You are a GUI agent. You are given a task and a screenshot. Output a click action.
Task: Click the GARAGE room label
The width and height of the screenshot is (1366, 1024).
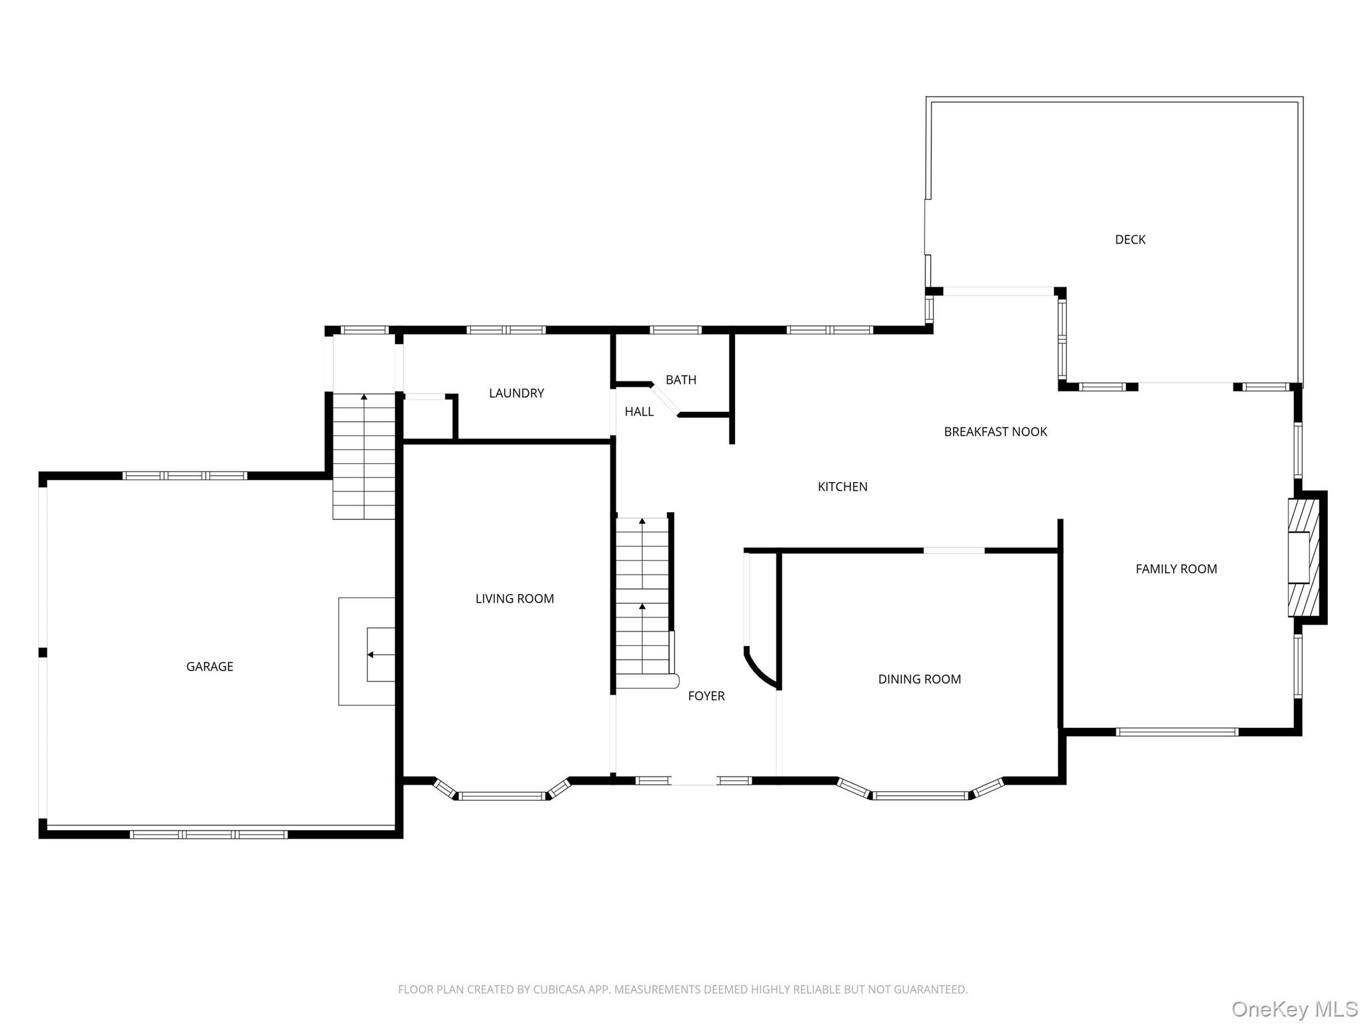[209, 667]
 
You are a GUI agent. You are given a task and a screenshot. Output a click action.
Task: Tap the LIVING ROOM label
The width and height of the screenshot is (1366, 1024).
[514, 599]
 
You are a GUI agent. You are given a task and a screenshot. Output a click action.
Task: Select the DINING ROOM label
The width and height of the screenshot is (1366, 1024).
[919, 679]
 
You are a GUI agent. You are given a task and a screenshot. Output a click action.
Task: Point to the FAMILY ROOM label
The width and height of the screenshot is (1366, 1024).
[1176, 569]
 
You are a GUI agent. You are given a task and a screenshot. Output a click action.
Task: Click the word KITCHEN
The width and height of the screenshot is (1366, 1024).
[842, 487]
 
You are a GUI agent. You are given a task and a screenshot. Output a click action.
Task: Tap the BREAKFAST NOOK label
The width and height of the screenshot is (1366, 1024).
[995, 432]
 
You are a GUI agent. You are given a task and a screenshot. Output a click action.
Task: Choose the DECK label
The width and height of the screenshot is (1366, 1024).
[1130, 239]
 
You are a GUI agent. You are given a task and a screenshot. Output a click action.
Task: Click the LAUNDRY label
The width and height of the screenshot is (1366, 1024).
[516, 393]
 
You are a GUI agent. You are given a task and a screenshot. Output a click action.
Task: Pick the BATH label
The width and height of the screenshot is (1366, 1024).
[680, 380]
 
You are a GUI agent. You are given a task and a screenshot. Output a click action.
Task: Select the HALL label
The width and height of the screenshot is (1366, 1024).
[638, 412]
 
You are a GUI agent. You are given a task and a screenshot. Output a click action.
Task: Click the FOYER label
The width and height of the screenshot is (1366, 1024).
[706, 696]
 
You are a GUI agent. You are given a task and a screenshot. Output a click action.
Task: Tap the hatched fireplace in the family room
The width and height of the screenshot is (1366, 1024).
[1303, 558]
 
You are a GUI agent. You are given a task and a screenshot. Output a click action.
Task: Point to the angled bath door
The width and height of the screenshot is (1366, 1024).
[665, 401]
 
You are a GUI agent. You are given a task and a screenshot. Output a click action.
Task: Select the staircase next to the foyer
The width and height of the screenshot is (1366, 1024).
[642, 597]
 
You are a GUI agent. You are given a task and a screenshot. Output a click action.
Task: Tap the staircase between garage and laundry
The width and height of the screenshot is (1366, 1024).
[364, 457]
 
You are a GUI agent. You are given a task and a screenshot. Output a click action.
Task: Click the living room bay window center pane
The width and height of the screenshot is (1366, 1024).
[502, 795]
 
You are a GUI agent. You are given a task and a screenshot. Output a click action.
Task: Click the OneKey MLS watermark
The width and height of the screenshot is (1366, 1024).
[1294, 1009]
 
